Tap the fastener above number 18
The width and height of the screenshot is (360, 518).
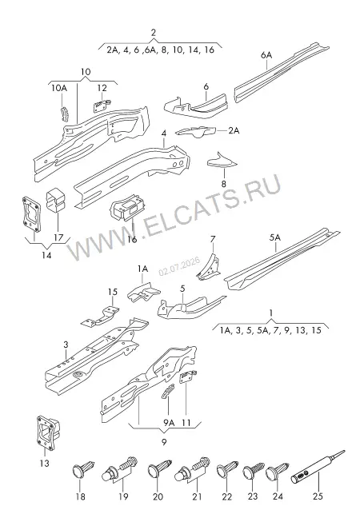coord(83,468)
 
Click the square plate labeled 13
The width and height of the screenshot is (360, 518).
coord(47,433)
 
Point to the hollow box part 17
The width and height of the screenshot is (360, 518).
coord(55,200)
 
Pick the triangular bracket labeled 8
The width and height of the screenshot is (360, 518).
coord(222,160)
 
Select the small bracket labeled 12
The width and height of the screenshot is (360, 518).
coord(102,105)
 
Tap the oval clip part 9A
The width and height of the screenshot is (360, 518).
coord(168,391)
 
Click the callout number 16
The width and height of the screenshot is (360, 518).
coord(131,238)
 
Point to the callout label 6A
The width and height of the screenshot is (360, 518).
coord(266,55)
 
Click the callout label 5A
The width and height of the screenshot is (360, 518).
coord(274,237)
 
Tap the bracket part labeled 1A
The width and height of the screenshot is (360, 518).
coord(144,291)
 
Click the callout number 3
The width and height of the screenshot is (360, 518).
coord(66,345)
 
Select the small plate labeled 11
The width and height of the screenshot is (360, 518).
coord(187,377)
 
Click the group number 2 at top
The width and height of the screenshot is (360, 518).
coord(154,33)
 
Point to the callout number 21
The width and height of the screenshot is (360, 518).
coord(197,496)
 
